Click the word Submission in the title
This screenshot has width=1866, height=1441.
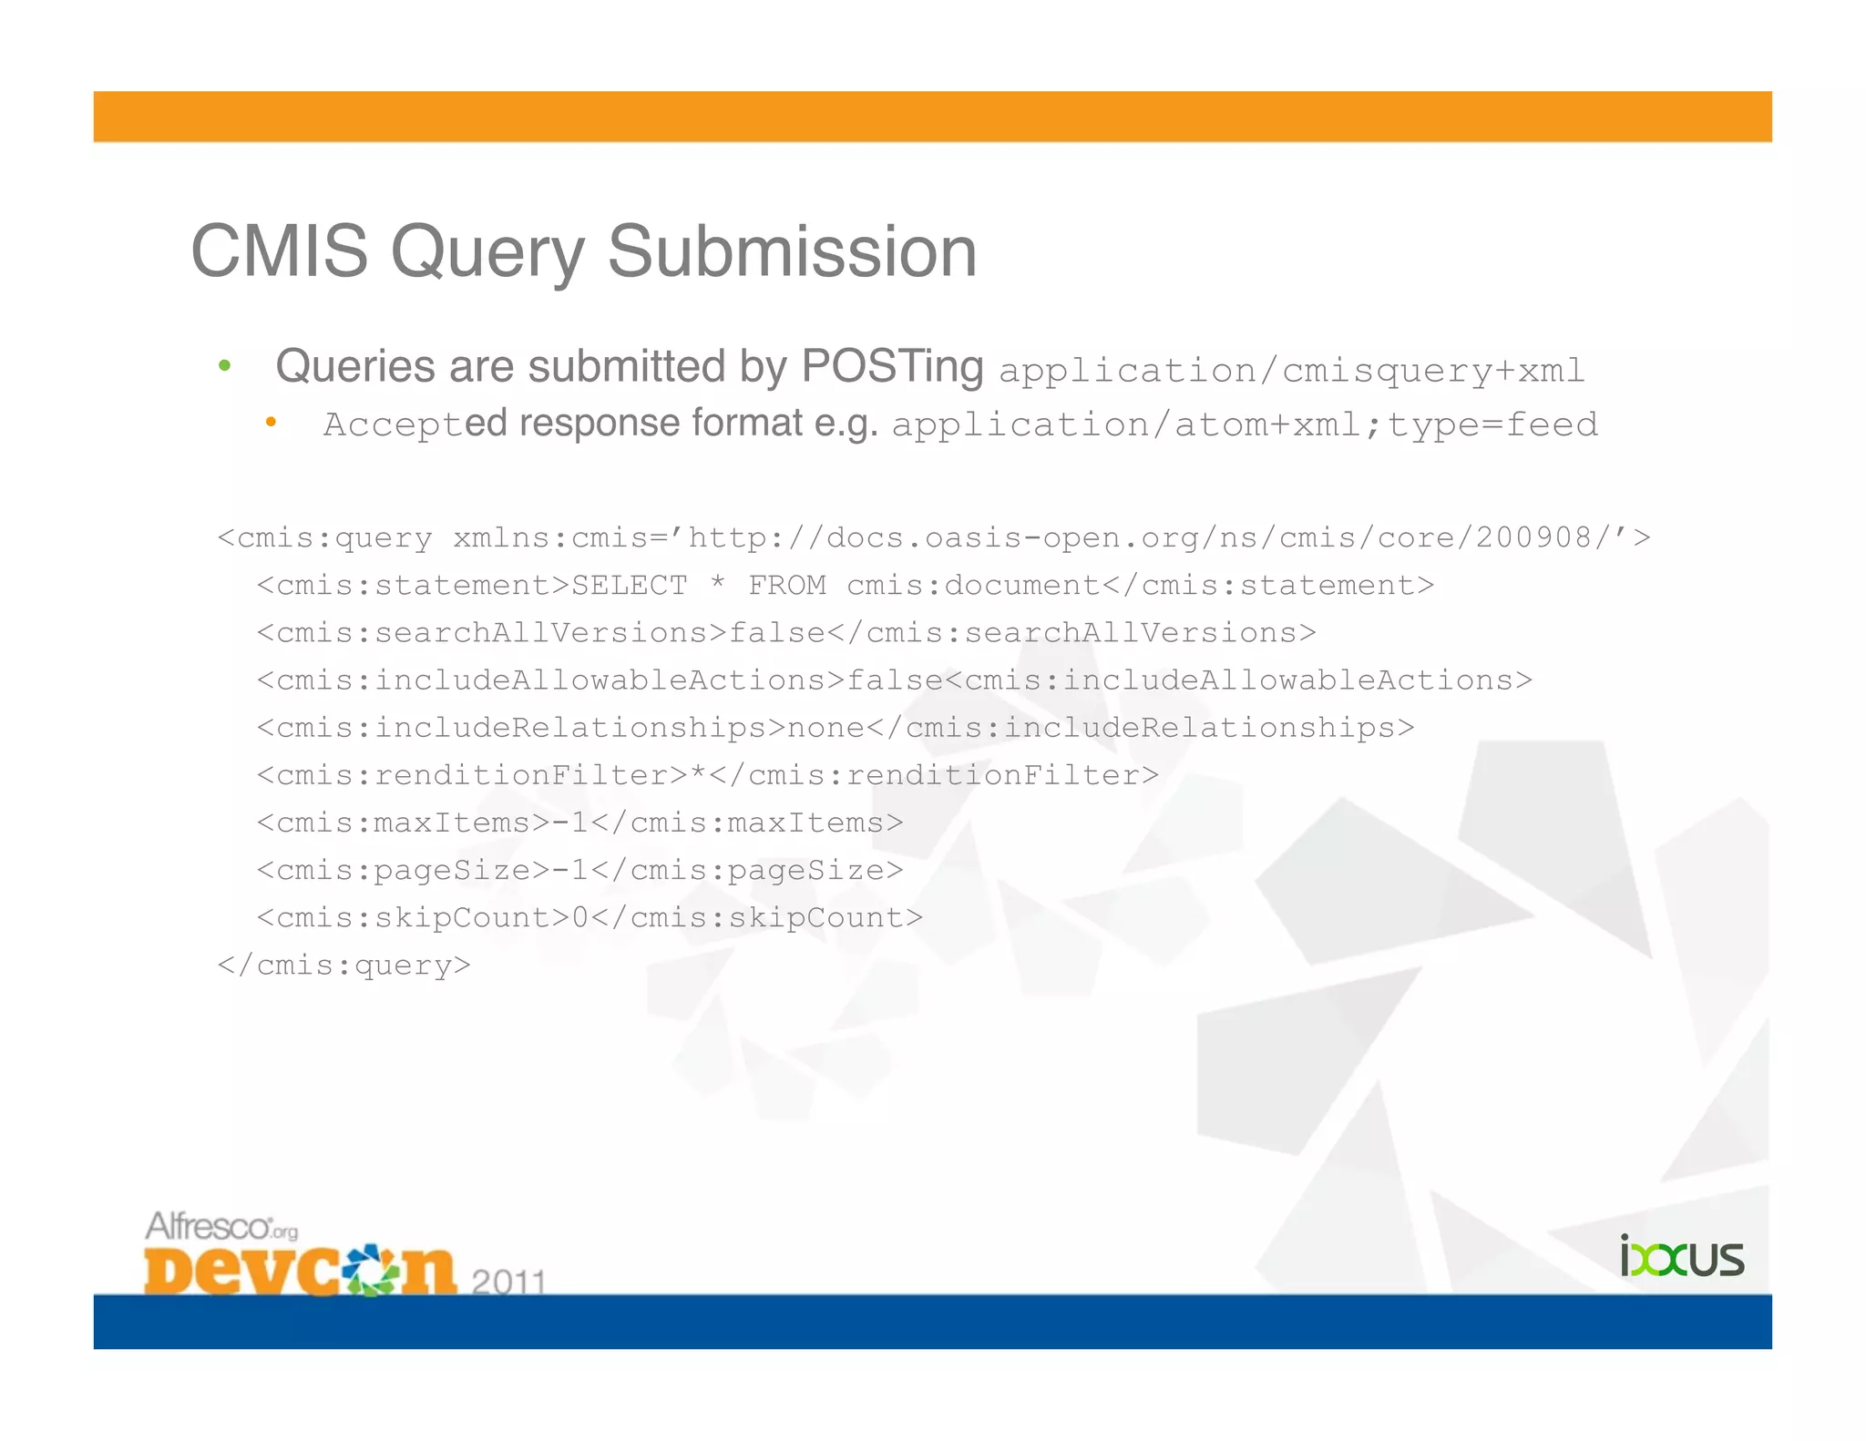point(792,251)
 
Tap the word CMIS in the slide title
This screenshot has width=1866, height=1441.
point(279,251)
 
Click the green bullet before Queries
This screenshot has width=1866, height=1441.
point(224,367)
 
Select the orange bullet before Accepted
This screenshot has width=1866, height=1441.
point(271,422)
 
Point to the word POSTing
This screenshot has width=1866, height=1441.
point(892,367)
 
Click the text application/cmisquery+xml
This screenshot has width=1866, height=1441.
point(1292,371)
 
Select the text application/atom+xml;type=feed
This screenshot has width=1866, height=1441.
point(1245,425)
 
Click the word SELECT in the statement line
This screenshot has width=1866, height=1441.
point(630,586)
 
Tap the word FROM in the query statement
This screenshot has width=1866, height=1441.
point(787,586)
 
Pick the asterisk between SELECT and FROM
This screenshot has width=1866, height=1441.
point(718,584)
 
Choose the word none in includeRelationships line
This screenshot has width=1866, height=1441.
point(825,728)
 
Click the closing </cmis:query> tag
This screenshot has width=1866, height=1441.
point(344,965)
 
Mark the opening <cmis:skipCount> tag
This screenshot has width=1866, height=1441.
point(414,917)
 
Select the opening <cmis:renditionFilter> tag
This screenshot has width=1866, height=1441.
point(473,775)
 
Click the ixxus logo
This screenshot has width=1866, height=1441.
point(1681,1257)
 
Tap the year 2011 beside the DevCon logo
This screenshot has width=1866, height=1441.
point(508,1283)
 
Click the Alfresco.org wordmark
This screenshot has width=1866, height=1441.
point(221,1227)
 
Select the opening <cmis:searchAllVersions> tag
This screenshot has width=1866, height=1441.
point(493,633)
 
